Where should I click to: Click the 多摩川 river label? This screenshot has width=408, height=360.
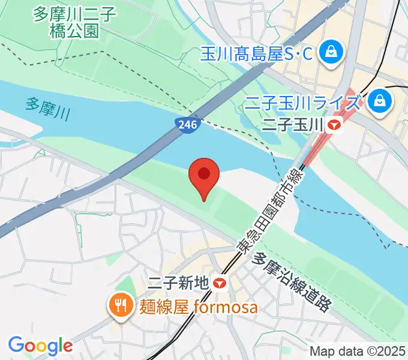[47, 109]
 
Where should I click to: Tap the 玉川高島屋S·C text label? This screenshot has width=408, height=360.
[256, 54]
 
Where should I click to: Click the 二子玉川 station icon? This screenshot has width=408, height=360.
[334, 125]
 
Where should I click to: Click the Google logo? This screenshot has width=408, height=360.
[40, 346]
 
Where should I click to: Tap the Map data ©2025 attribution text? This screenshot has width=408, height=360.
[358, 350]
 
